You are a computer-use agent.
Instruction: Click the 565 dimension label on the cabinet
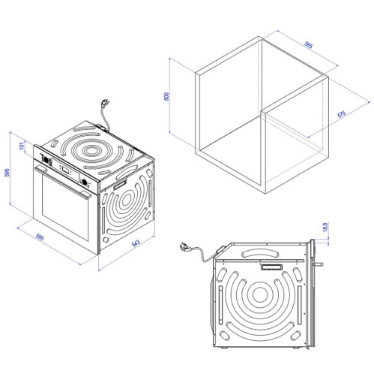pos(309,45)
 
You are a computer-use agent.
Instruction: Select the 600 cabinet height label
pos(166,96)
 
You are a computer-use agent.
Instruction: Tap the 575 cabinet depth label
pos(342,114)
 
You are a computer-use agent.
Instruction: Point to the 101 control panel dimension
pos(22,146)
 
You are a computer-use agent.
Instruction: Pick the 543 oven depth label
pos(136,243)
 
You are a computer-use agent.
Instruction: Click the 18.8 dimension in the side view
pos(325,227)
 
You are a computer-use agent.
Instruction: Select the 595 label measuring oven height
pos(7,173)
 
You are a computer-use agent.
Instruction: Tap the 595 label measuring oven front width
pos(40,237)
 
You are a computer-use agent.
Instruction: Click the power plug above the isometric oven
pos(105,103)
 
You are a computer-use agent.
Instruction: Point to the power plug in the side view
pos(185,246)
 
